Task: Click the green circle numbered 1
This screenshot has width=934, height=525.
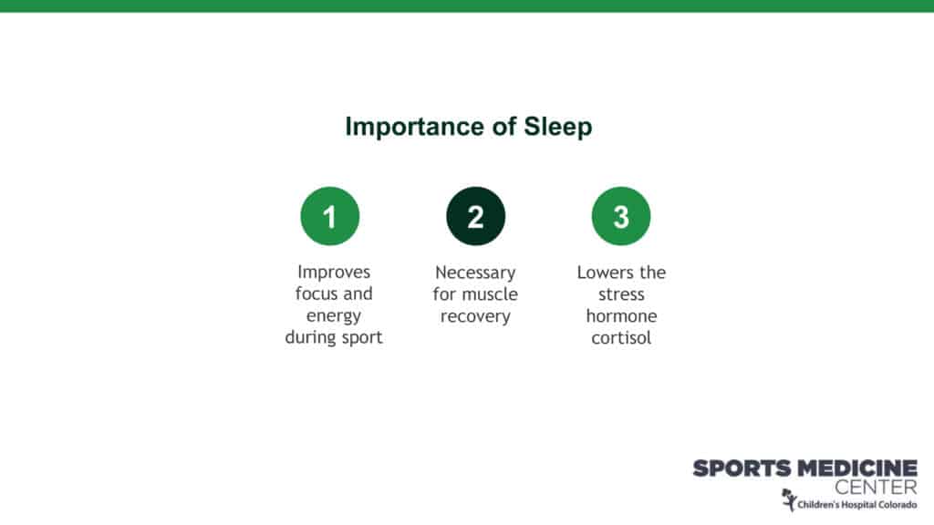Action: click(330, 216)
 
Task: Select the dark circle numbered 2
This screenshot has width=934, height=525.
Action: click(475, 216)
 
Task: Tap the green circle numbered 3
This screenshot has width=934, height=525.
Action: click(621, 216)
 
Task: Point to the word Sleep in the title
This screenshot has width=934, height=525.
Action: click(557, 128)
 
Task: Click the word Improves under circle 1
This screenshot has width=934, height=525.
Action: click(334, 273)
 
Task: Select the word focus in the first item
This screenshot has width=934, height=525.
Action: click(317, 293)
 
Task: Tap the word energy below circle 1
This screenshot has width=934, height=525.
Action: click(334, 316)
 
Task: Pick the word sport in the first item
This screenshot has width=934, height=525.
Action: click(361, 338)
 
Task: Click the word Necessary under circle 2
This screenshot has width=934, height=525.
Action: click(475, 273)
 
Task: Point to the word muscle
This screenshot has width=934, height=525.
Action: click(491, 294)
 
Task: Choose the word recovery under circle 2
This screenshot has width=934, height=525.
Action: click(475, 316)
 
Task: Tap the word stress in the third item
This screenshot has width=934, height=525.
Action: click(621, 294)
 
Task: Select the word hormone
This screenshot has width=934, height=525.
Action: click(621, 316)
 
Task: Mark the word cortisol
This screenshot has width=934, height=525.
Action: click(621, 338)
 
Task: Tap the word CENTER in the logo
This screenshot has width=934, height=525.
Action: click(876, 488)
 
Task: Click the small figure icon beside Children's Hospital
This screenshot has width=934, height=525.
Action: click(789, 500)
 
